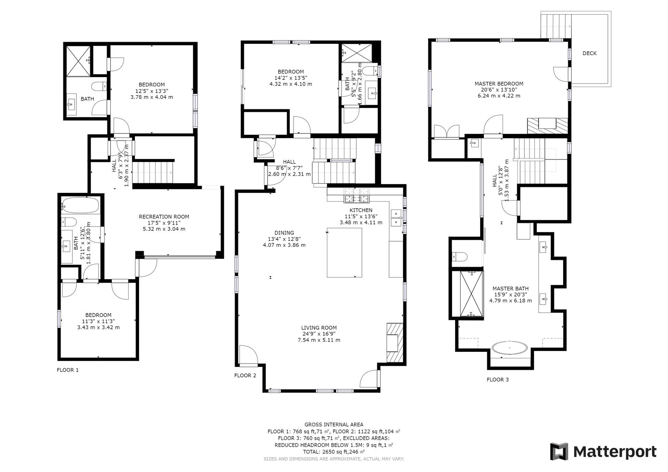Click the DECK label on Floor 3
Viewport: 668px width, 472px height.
point(589,53)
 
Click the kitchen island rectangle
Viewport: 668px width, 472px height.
point(344,252)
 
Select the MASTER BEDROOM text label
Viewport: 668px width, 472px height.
point(498,83)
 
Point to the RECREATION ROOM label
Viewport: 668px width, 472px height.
point(164,217)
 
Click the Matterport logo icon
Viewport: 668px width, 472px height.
point(559,452)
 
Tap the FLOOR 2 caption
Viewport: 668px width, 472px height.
point(245,375)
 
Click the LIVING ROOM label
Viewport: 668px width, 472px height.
point(319,328)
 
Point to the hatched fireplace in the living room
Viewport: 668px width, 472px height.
point(395,343)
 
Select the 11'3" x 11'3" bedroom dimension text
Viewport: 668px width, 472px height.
point(98,321)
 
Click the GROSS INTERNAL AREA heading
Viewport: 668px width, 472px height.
point(334,424)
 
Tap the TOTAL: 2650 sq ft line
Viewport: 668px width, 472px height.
point(334,452)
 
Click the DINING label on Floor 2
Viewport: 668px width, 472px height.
point(284,233)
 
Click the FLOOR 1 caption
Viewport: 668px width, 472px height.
point(67,370)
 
